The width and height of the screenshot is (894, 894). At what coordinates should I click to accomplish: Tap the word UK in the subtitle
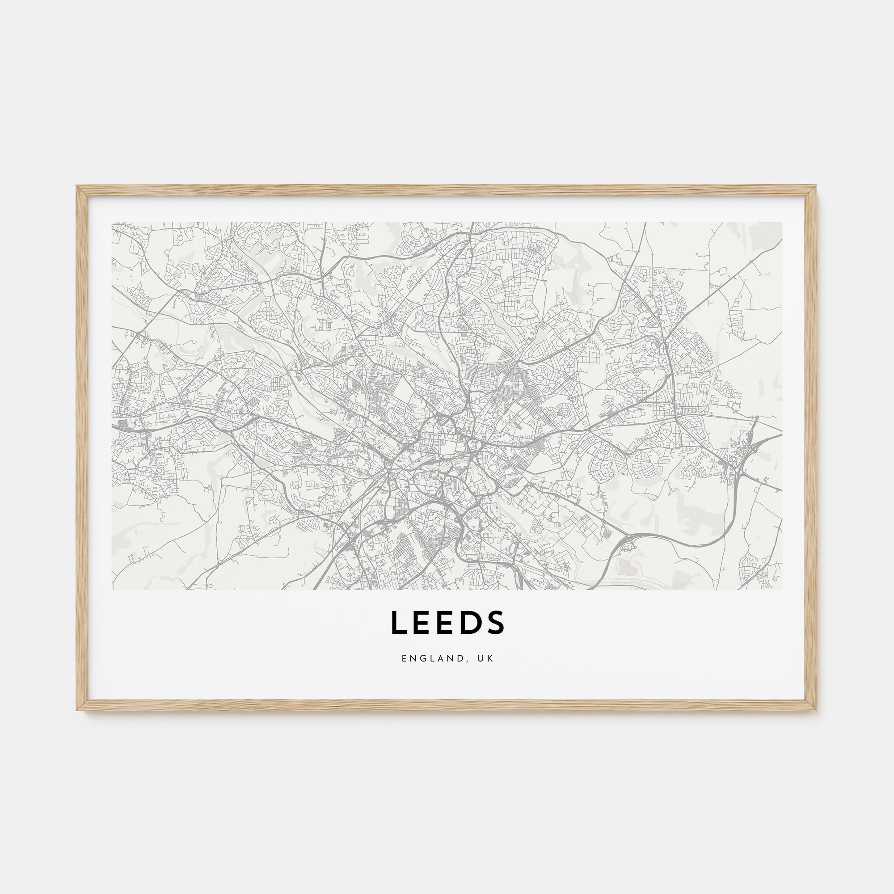(x=486, y=658)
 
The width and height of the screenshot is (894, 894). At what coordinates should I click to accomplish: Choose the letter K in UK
(x=490, y=658)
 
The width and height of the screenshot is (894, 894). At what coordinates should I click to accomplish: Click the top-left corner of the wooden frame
(x=77, y=186)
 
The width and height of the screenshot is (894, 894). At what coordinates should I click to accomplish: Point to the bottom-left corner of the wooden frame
(x=77, y=710)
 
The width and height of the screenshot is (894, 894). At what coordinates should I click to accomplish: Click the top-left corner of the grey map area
(x=113, y=223)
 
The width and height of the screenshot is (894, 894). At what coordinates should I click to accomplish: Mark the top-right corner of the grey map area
(x=781, y=223)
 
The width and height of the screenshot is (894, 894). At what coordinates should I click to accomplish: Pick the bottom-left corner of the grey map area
(x=113, y=589)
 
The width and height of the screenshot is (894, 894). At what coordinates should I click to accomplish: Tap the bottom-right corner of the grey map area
(x=781, y=589)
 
